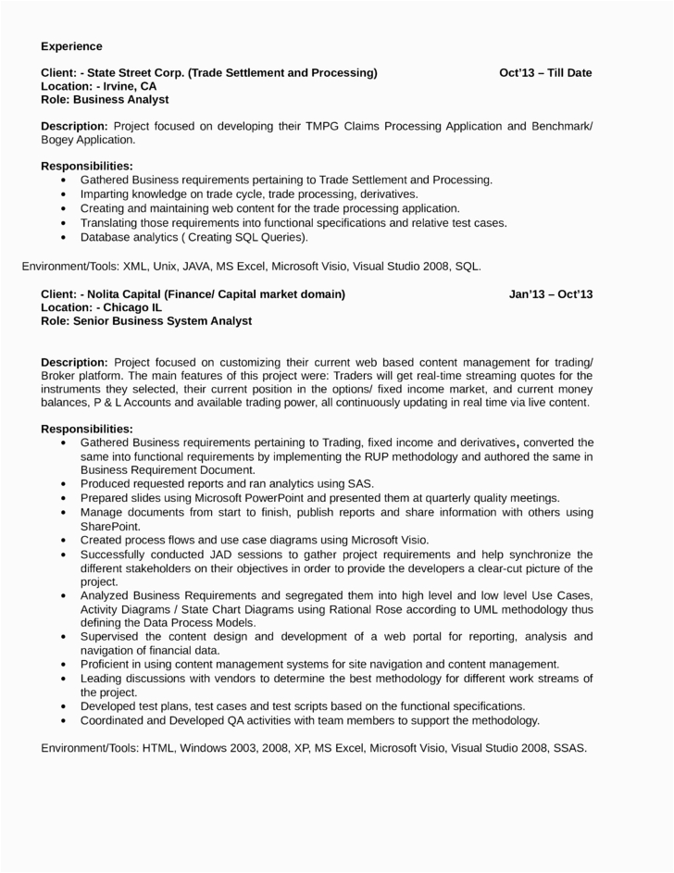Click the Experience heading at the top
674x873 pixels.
[71, 45]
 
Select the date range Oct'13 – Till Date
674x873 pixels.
[544, 72]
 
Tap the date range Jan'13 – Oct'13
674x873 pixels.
[550, 294]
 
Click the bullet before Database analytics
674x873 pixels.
[62, 237]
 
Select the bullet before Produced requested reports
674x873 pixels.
[62, 483]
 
